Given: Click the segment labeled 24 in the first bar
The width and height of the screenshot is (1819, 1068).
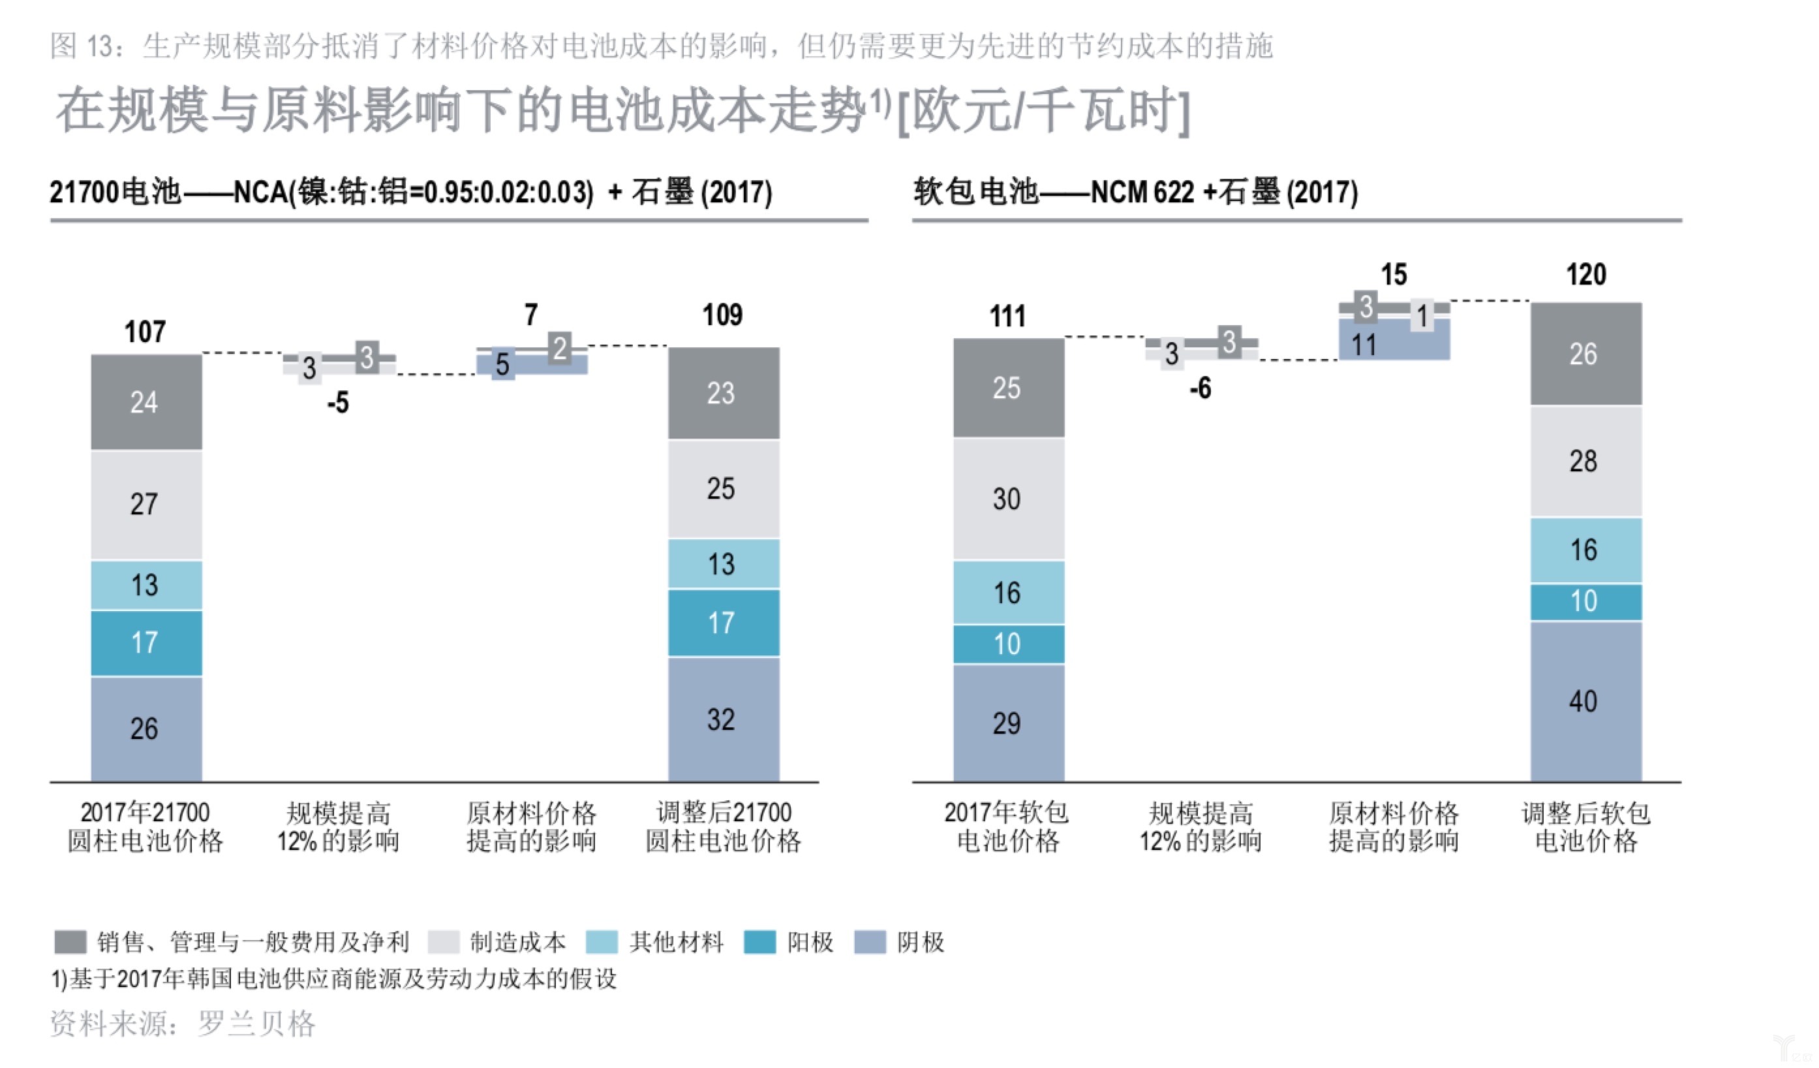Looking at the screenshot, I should click(145, 401).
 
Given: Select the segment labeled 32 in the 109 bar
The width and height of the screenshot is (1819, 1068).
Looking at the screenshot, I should click(724, 719).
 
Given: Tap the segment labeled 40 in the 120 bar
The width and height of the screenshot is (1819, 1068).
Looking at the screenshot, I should click(1586, 701).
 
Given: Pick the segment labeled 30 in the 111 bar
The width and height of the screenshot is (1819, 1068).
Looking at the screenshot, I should click(1009, 499).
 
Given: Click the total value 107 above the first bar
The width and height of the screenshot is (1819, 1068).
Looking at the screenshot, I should click(145, 332).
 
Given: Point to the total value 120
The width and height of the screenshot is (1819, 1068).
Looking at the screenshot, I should click(1586, 274).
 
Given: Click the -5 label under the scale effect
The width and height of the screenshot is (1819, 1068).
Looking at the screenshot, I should click(338, 402).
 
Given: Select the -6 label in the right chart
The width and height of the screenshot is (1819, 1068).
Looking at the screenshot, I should click(1200, 388).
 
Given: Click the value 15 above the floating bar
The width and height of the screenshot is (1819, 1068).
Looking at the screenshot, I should click(1393, 274).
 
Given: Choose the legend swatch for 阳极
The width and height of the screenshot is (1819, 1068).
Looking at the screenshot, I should click(759, 941).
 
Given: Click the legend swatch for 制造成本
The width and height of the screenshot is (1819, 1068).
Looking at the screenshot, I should click(443, 941).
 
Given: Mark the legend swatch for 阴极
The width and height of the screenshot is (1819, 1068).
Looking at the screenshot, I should click(870, 941).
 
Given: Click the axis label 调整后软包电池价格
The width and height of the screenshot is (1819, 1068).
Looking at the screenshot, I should click(1586, 827).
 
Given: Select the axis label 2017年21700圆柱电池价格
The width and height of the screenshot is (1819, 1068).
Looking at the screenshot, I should click(145, 827).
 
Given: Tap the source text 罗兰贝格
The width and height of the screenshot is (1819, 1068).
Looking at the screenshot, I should click(256, 1023).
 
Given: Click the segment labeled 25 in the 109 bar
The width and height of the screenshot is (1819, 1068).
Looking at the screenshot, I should click(724, 489).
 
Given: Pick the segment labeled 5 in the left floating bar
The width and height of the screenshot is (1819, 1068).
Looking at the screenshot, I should click(503, 366).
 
